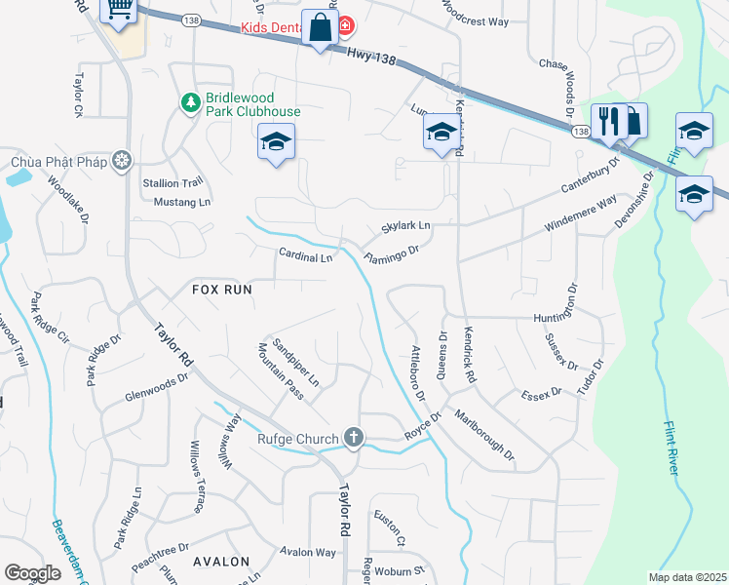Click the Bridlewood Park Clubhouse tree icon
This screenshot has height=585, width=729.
point(190,100)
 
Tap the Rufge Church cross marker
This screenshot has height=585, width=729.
point(353,439)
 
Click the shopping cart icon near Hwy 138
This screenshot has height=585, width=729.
point(119,9)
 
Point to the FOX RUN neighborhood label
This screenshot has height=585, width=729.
point(222,290)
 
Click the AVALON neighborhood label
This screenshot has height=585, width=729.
point(221,563)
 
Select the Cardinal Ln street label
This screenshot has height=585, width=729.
point(306,257)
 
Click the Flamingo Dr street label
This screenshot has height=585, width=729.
point(391,255)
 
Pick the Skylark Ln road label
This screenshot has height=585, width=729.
point(405,226)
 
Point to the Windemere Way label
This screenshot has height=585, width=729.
point(581,214)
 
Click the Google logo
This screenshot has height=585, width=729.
point(32,573)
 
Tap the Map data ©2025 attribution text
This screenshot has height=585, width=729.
point(687,577)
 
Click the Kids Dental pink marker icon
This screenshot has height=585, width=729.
point(346,24)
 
